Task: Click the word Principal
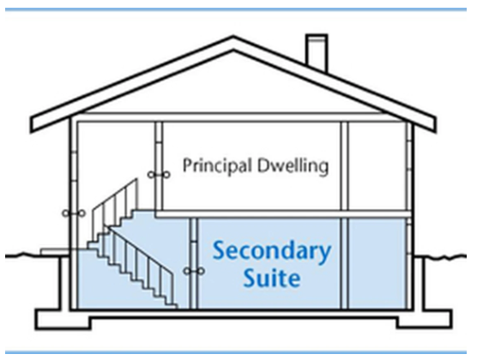[x=217, y=166]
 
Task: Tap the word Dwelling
[x=293, y=165]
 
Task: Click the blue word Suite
[x=272, y=278]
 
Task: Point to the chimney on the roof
[x=317, y=51]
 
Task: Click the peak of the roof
[x=233, y=37]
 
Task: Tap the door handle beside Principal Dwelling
[x=159, y=175]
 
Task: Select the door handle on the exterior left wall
[x=74, y=213]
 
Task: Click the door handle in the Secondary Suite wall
[x=194, y=271]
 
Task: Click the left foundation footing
[x=63, y=319]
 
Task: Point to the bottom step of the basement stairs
[x=172, y=306]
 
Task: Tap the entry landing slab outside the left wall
[x=55, y=252]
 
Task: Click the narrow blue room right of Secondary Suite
[x=377, y=263]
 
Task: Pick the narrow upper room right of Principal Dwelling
[x=377, y=165]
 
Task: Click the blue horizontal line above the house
[x=236, y=9]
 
